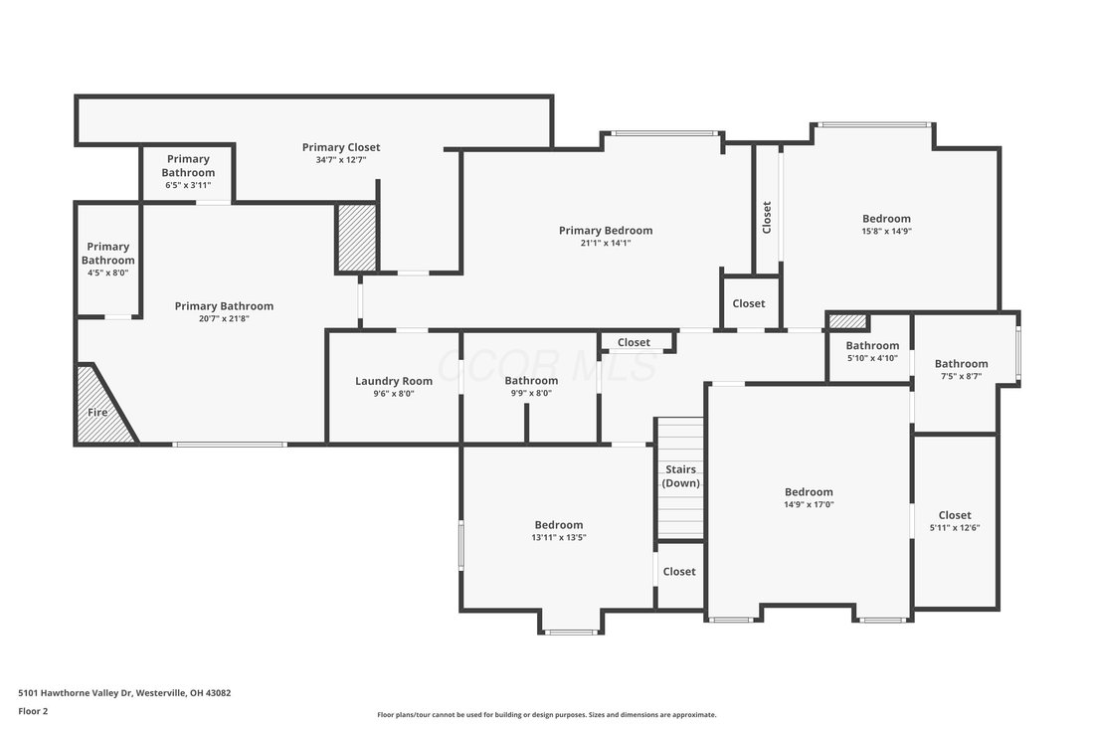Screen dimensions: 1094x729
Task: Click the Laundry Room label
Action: (394, 381)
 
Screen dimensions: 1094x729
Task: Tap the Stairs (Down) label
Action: (680, 476)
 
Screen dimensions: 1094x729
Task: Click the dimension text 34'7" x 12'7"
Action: (341, 160)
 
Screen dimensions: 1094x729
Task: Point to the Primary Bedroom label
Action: (606, 230)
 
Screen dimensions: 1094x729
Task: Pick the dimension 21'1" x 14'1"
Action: (606, 243)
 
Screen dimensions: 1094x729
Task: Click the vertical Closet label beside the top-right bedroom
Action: (767, 217)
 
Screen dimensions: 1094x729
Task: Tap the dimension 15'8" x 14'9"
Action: (886, 231)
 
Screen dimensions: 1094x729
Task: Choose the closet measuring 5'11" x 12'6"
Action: (955, 521)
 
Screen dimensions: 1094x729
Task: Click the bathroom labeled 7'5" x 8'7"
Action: (961, 369)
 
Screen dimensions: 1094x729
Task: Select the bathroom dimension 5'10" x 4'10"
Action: (872, 358)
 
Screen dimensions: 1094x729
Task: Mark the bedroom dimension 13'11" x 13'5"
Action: (559, 537)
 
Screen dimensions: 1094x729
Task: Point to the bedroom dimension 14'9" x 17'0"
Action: (809, 504)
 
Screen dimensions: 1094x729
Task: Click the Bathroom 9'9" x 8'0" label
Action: (531, 386)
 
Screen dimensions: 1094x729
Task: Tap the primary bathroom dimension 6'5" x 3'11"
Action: (188, 185)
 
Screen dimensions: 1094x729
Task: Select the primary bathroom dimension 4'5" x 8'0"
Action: (108, 273)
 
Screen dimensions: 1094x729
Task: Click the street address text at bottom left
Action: (124, 693)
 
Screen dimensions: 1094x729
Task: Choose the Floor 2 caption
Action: (33, 711)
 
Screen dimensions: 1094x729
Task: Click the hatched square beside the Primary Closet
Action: (356, 237)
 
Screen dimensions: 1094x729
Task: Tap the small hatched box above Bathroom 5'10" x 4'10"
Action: (847, 321)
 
